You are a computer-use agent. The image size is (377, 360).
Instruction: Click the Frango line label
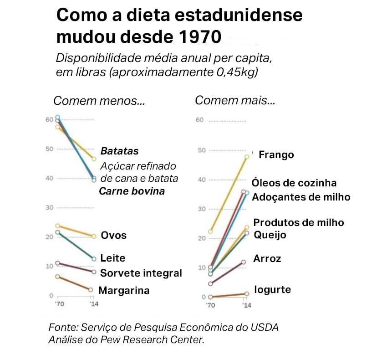click(276, 155)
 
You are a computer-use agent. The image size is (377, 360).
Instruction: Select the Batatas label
click(119, 151)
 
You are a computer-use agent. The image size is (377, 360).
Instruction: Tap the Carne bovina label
click(132, 191)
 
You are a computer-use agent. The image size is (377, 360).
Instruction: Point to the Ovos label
click(114, 236)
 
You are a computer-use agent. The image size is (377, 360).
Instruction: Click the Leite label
click(112, 258)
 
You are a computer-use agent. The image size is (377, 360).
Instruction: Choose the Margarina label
click(124, 290)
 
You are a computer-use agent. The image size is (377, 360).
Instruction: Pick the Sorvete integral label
click(141, 273)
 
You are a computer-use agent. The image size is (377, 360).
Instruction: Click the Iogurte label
click(272, 289)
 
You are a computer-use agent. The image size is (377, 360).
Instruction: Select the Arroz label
click(267, 259)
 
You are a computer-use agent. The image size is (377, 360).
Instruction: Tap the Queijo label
click(270, 235)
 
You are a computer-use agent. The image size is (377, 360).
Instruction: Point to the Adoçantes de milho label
click(301, 197)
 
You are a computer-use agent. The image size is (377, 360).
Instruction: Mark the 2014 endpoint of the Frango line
click(247, 157)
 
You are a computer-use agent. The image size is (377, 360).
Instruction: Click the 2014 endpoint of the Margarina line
click(91, 290)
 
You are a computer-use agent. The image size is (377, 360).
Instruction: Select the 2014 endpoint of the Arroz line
click(244, 262)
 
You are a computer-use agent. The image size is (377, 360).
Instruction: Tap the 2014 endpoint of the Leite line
click(94, 259)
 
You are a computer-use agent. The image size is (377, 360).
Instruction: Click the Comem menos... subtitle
click(99, 101)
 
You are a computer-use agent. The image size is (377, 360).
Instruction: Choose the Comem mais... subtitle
click(235, 100)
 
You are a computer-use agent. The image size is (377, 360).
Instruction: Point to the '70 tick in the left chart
click(58, 303)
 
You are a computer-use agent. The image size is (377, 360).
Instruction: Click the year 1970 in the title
click(197, 36)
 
